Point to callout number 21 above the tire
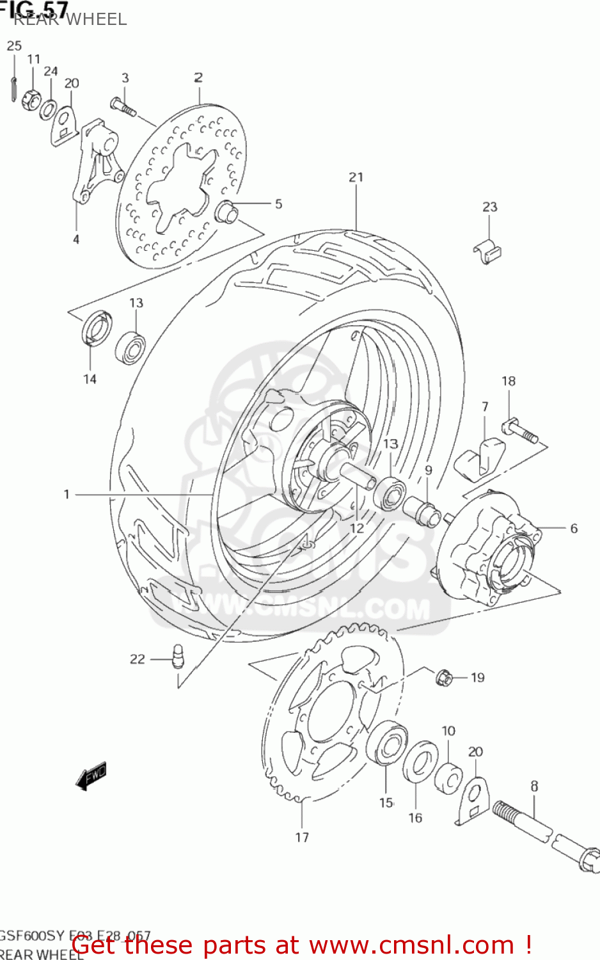click(x=356, y=177)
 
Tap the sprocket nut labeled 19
click(x=443, y=676)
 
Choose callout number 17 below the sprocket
click(x=302, y=837)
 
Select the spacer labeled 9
click(x=421, y=509)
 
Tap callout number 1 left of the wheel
click(x=67, y=494)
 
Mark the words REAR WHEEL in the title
click(x=70, y=19)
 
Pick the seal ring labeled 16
click(x=419, y=762)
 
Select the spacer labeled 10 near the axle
click(x=449, y=778)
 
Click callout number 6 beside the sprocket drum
click(x=574, y=529)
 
